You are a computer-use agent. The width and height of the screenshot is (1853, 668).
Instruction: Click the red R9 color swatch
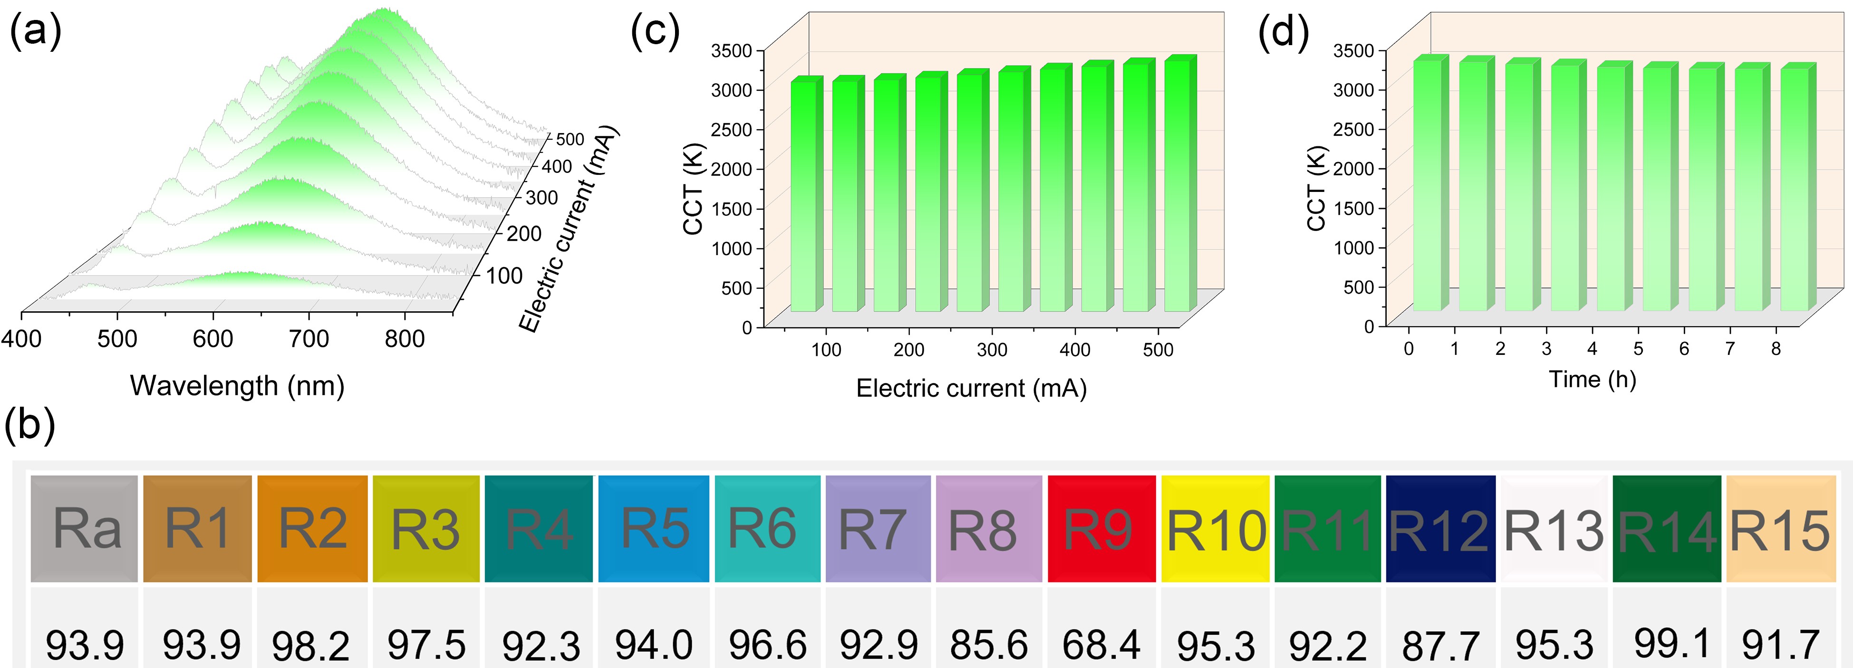[1100, 528]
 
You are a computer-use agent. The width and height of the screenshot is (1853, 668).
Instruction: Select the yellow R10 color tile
[1215, 528]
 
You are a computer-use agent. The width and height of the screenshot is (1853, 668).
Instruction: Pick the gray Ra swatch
[84, 528]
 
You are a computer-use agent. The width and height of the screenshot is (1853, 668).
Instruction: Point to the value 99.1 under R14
[1671, 643]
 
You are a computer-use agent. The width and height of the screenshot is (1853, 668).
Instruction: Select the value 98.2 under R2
[311, 645]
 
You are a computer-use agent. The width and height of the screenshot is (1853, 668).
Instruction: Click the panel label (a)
[35, 32]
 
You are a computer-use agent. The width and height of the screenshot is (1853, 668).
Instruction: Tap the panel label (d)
[1283, 32]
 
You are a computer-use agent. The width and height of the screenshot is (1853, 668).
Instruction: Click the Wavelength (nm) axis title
[237, 386]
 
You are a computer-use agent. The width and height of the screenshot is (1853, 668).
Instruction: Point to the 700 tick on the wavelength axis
[309, 338]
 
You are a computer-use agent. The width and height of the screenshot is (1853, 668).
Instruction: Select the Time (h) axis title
[1592, 379]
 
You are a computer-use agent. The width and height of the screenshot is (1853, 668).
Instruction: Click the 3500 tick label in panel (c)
[731, 50]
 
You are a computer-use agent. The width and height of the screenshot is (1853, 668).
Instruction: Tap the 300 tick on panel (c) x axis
[991, 350]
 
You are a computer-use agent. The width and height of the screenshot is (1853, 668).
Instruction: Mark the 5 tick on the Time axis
[1638, 349]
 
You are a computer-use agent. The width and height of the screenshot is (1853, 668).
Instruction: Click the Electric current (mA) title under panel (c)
[971, 388]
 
